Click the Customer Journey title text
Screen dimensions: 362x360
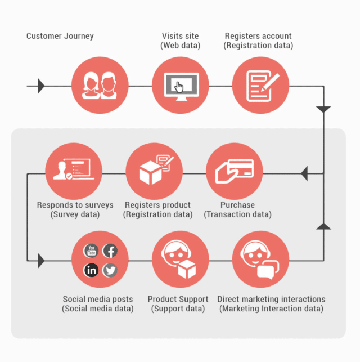[60, 36]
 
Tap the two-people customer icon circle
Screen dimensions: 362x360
[100, 86]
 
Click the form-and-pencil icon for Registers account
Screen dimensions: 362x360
[260, 86]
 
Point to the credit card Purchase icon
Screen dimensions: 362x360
[235, 171]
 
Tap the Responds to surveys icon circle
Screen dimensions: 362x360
[74, 171]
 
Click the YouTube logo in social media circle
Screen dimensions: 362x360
[91, 251]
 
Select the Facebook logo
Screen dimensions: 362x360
[110, 251]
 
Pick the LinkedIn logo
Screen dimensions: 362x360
[91, 270]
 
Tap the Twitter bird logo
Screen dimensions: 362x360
[110, 270]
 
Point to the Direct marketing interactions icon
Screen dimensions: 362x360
[260, 260]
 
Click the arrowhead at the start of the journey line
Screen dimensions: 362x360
[41, 86]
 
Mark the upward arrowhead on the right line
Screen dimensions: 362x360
[323, 226]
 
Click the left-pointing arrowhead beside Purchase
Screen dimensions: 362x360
[304, 173]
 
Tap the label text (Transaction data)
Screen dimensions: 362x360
[237, 214]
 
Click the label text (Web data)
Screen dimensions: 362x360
[181, 45]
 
